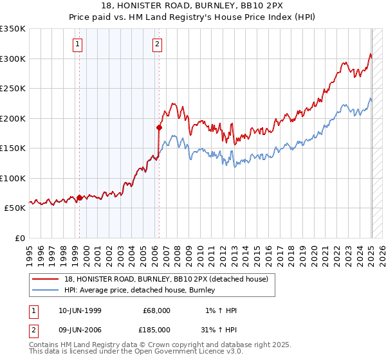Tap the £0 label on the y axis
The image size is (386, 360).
(x=19, y=238)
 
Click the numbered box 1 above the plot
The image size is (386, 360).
(x=77, y=44)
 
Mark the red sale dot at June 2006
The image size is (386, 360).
(x=159, y=127)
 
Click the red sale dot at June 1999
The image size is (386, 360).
(x=80, y=197)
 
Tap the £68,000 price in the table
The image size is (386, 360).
(x=156, y=310)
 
